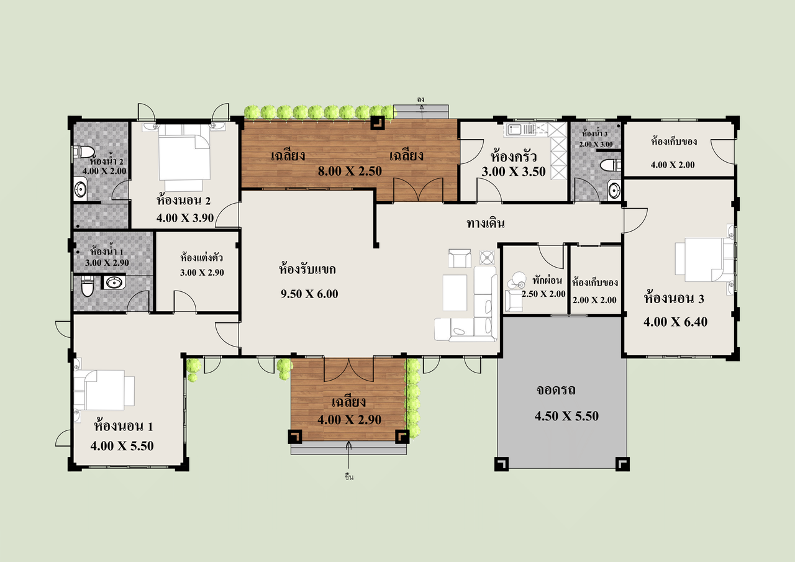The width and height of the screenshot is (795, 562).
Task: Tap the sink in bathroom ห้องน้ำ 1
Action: (x=114, y=282)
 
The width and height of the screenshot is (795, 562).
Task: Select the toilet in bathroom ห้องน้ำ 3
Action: (x=611, y=165)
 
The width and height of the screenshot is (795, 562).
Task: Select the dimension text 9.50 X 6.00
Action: (x=309, y=294)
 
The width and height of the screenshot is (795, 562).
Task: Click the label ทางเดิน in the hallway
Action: (x=486, y=224)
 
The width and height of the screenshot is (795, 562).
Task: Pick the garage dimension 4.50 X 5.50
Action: (x=566, y=416)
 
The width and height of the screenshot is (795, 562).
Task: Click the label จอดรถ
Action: (x=556, y=390)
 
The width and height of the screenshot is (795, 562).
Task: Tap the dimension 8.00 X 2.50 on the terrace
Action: (x=350, y=171)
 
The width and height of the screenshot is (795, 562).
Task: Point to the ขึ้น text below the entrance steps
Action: (x=349, y=477)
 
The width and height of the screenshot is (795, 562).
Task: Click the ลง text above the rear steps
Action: (x=421, y=100)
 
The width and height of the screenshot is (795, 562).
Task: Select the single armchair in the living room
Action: (x=460, y=258)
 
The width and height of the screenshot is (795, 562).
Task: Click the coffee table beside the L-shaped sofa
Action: (x=455, y=292)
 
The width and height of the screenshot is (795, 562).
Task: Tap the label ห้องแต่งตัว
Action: (x=202, y=257)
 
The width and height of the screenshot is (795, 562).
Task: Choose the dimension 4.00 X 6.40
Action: (x=675, y=322)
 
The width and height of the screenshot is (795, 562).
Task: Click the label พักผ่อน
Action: (x=547, y=280)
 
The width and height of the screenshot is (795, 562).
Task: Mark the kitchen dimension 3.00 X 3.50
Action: (x=513, y=172)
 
